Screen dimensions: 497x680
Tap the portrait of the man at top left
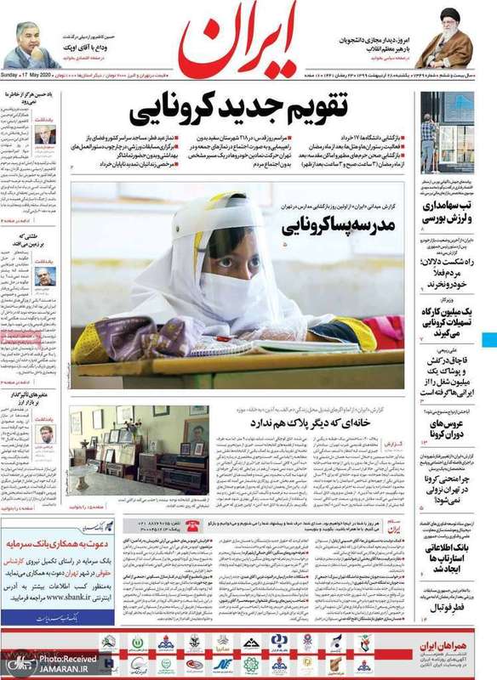(x=33, y=47)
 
